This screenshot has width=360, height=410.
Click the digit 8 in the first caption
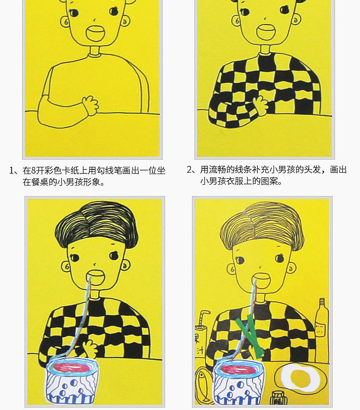coord(34,171)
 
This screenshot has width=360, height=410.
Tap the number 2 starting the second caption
coord(190,170)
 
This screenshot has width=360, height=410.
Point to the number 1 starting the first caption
coord(11,171)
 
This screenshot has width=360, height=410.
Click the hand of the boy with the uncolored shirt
coord(91,105)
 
